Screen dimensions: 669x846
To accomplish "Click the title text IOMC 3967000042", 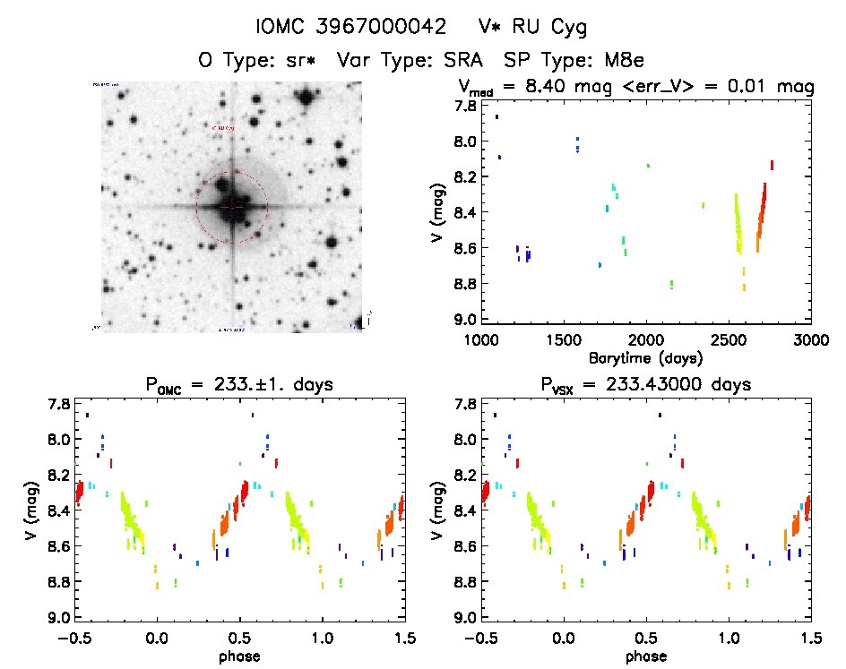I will click(x=351, y=28).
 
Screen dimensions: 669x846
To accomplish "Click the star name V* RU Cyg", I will click(x=532, y=28).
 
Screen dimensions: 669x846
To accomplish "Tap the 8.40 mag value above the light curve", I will click(x=553, y=87).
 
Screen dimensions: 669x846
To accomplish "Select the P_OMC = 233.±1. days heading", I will click(x=238, y=385).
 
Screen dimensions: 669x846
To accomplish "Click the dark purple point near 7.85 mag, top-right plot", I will click(x=496, y=116).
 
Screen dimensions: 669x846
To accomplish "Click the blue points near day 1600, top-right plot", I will click(x=578, y=144).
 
